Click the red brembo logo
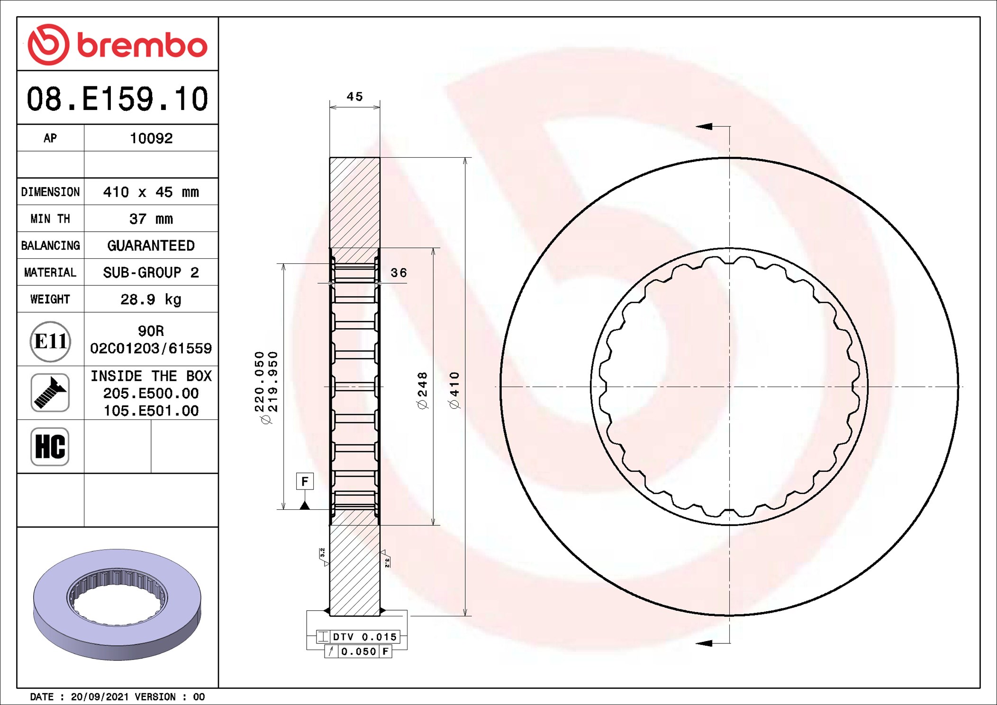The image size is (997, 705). click(x=118, y=45)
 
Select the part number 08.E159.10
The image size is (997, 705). click(x=118, y=99)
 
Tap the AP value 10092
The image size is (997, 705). click(x=151, y=138)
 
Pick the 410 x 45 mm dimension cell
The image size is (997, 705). click(x=151, y=192)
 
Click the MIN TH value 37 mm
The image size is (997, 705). click(x=151, y=219)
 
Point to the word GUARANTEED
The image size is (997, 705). click(x=151, y=245)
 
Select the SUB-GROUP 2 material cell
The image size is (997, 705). click(x=151, y=272)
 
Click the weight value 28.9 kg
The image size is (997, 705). click(x=151, y=299)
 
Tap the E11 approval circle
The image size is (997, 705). click(x=50, y=341)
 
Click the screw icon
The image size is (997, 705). click(x=50, y=393)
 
